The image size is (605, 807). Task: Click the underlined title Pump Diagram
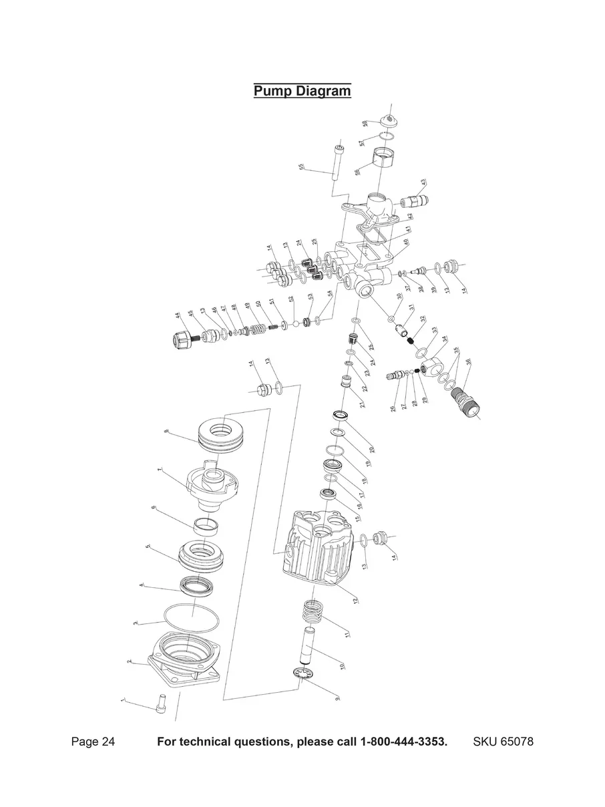pos(302,91)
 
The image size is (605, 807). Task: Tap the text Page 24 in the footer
pos(93,742)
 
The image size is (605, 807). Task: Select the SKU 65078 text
pos(503,742)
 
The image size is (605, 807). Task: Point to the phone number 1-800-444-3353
pos(403,742)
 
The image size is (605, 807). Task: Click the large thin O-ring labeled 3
pos(191,618)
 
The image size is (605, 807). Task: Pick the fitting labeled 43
pos(415,198)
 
